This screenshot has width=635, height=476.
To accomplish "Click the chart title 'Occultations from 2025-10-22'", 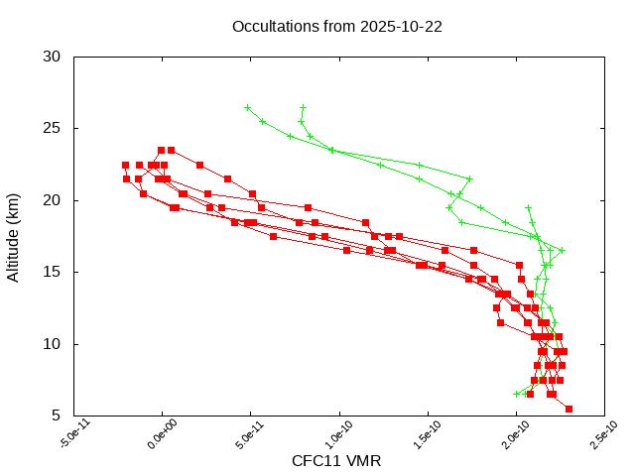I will click(x=336, y=26).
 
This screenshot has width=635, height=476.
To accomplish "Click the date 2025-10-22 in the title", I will click(x=404, y=26).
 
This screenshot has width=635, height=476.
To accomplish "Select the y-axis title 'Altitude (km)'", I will click(x=13, y=236).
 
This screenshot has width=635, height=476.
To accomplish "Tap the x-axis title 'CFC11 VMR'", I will click(x=336, y=461).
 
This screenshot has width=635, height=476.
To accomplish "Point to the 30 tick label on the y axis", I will click(x=54, y=57).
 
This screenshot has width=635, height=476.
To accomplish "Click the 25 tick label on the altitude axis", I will click(x=54, y=128).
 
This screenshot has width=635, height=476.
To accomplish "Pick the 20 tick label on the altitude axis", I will click(x=54, y=200).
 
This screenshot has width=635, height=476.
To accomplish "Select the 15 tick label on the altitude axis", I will click(x=54, y=272).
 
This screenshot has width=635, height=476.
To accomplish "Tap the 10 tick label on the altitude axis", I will click(x=54, y=344).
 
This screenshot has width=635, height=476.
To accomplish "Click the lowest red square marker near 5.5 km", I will click(x=569, y=409).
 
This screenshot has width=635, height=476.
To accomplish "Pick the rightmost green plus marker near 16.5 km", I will click(x=562, y=250).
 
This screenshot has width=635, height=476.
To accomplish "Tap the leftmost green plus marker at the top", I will click(x=247, y=107).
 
